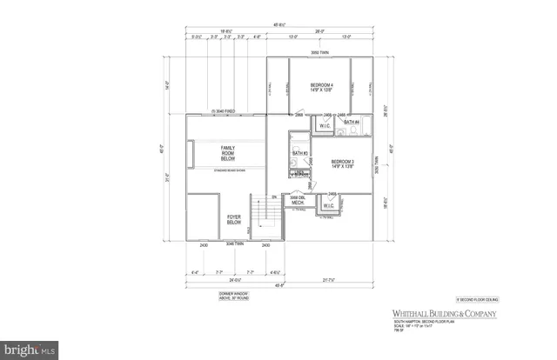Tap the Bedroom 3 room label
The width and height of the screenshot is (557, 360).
click(x=344, y=165)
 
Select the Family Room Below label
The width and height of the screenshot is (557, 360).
click(x=229, y=154)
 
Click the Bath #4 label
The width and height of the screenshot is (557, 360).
click(x=351, y=123)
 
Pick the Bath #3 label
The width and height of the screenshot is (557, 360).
click(x=300, y=153)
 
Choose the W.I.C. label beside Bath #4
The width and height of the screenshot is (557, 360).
click(x=325, y=125)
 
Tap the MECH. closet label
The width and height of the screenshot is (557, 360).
click(x=297, y=202)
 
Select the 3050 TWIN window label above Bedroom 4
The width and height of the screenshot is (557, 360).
click(x=320, y=54)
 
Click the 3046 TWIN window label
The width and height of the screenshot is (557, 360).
click(x=234, y=245)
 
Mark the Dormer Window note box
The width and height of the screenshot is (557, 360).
click(x=233, y=297)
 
